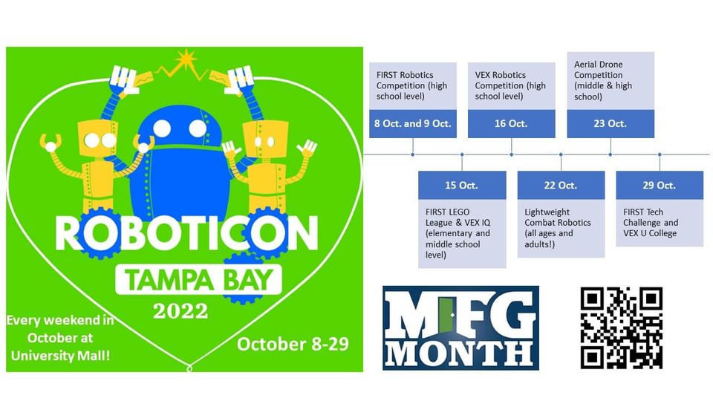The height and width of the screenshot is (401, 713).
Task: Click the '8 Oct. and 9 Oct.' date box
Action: [412, 123]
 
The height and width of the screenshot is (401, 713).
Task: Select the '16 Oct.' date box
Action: [511, 123]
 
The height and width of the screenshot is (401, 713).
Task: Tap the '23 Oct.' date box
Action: [611, 123]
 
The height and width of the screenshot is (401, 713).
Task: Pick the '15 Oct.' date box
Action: [462, 185]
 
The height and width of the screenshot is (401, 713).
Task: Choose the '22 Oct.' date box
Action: [561, 185]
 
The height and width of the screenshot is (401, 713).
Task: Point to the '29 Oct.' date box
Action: [660, 185]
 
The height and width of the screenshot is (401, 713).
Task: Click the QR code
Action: [621, 327]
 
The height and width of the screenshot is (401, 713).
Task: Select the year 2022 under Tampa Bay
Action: [180, 311]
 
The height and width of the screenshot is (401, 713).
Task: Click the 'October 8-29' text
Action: [293, 344]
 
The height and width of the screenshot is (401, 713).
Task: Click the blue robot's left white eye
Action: [162, 128]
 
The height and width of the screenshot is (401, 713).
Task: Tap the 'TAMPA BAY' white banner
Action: [199, 280]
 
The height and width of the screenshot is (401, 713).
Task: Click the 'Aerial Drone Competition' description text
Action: [603, 80]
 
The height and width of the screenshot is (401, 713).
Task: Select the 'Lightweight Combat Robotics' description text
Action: [558, 228]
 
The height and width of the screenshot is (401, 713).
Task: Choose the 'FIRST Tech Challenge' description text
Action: [651, 222]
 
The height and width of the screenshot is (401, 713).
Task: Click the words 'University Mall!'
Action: [60, 355]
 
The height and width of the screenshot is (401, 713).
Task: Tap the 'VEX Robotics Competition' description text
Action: [510, 85]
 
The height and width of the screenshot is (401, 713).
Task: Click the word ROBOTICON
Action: [186, 232]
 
